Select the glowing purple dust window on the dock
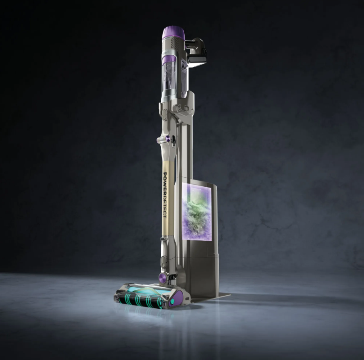197,211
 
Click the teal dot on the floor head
173,302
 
